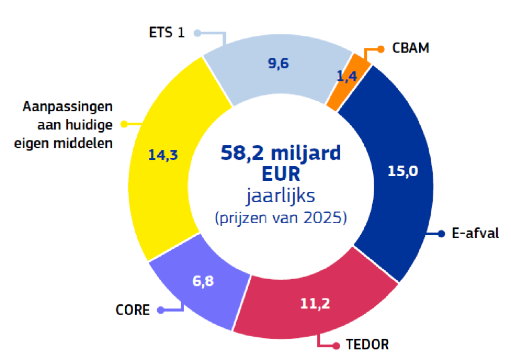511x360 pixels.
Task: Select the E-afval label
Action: [475, 234]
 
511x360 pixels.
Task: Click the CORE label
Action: [132, 310]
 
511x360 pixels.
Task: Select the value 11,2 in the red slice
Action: [315, 303]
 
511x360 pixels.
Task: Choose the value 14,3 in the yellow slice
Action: [163, 155]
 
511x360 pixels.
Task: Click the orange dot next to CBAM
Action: [381, 49]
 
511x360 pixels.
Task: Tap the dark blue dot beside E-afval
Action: [441, 234]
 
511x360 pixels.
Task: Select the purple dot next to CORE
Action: [161, 310]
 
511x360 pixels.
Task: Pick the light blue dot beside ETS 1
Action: [198, 33]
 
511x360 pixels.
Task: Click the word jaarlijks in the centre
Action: [280, 196]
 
